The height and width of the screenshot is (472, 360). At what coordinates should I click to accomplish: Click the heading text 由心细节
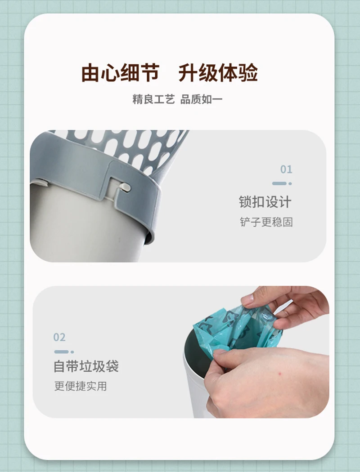120,73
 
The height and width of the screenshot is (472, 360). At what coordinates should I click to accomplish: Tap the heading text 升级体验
218,73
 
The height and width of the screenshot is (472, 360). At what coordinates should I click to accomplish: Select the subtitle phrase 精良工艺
153,99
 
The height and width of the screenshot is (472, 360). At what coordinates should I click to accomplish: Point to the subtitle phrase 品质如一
201,99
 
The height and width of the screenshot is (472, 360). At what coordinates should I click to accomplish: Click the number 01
286,169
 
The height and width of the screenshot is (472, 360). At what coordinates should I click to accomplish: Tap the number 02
59,337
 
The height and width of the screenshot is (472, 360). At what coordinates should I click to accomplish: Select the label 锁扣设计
265,202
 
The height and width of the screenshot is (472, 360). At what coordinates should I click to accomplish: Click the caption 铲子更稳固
266,222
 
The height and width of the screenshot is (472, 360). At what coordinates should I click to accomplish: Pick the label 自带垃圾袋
86,366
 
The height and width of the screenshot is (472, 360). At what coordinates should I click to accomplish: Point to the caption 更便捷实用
81,386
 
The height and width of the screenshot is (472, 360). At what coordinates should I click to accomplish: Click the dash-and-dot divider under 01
282,183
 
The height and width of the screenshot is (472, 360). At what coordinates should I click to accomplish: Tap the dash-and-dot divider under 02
64,352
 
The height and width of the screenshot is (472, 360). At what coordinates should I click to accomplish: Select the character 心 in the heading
110,73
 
